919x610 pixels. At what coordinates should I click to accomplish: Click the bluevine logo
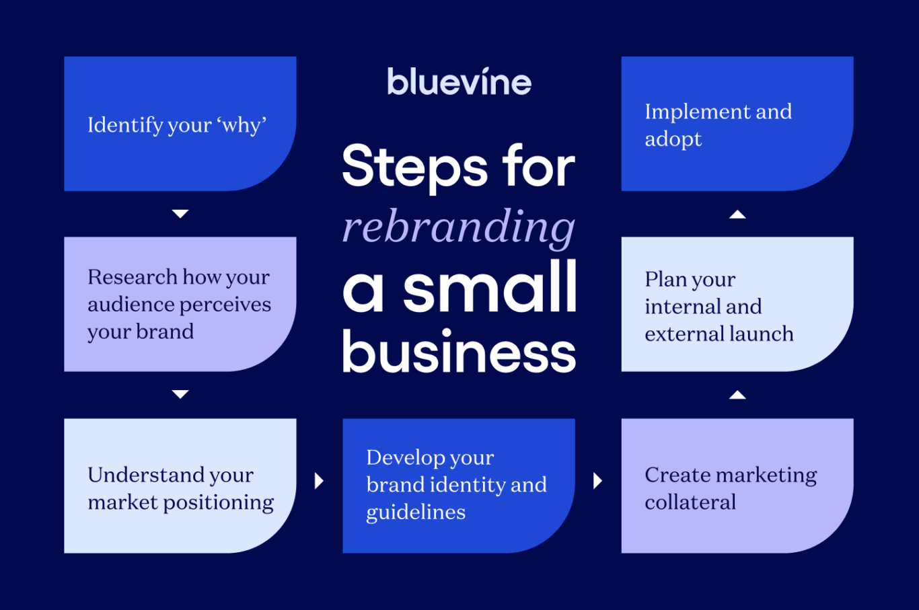[459, 82]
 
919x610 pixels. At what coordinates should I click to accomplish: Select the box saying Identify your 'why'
[180, 124]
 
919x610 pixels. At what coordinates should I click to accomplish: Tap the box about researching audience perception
[180, 304]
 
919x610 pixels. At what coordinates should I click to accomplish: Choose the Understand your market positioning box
[180, 486]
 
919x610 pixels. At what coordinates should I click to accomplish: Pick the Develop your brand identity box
[458, 486]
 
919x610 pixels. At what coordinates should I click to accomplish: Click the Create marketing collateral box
[737, 486]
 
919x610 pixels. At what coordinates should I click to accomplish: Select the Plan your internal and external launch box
[737, 304]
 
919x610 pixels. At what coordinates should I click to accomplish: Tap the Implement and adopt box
[737, 124]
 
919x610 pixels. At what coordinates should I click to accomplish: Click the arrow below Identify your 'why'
[180, 214]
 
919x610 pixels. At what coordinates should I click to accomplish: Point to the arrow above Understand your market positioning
[180, 394]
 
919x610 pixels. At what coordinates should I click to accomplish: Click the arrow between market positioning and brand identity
[319, 481]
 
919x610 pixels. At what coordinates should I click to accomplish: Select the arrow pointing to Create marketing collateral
[597, 481]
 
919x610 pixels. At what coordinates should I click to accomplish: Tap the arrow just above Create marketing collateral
[737, 395]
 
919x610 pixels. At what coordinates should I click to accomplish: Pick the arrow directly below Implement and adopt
[737, 215]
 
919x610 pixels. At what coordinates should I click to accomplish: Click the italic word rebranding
[459, 227]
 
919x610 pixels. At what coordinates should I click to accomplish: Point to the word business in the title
[459, 351]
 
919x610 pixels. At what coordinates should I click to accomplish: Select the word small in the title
[490, 288]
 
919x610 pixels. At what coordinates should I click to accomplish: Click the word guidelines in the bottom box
[416, 512]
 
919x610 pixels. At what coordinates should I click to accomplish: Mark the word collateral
[690, 502]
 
